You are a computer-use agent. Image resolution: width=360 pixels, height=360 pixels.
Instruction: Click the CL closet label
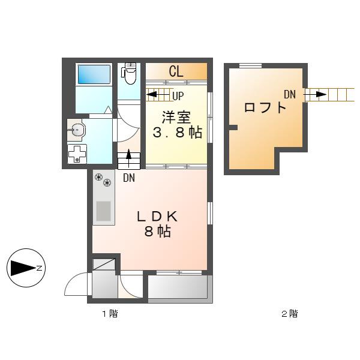(176, 71)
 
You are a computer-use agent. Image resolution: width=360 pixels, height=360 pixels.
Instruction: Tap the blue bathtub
(94, 74)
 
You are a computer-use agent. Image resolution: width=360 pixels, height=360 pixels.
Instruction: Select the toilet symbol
(129, 73)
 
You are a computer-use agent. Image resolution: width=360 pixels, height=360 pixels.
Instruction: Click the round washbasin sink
(77, 130)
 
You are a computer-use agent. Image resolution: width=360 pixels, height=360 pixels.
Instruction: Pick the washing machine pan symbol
(77, 154)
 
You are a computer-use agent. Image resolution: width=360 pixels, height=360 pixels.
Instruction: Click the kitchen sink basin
(104, 211)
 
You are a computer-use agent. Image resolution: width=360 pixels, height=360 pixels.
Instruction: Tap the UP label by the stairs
(178, 96)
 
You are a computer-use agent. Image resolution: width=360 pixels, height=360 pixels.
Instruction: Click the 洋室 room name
(176, 118)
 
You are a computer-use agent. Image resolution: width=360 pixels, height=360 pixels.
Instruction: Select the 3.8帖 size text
(178, 133)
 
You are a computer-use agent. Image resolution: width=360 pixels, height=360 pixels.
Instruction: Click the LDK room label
(157, 217)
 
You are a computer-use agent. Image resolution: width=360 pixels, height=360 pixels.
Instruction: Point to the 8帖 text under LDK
(157, 232)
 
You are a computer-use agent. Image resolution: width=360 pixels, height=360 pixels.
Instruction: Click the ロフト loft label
(265, 107)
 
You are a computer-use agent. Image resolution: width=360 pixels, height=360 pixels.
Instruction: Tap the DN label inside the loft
(290, 94)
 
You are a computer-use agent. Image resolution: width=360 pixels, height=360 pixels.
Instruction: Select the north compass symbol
(26, 268)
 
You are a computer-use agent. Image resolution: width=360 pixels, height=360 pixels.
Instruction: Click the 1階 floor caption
(110, 314)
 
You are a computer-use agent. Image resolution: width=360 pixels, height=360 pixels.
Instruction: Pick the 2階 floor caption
(290, 314)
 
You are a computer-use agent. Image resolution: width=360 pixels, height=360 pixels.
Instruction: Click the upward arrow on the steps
(128, 158)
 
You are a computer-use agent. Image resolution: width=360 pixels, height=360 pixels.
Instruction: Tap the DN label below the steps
(129, 178)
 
